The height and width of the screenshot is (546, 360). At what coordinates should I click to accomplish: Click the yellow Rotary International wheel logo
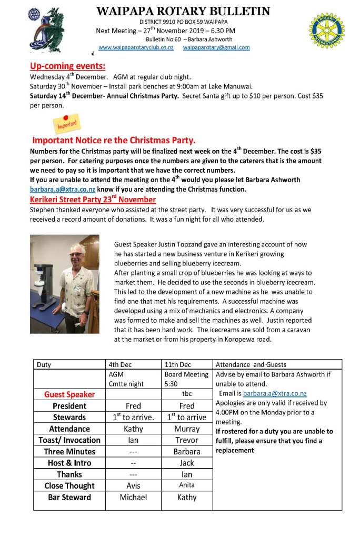tap(326, 31)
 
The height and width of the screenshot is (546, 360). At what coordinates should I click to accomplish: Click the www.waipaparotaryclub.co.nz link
tap(136, 47)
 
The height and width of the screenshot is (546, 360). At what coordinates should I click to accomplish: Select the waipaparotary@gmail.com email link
tap(216, 47)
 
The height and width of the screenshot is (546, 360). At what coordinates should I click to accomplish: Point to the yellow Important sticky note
tap(66, 123)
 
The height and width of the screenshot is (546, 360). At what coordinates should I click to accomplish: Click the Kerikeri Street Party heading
tap(93, 200)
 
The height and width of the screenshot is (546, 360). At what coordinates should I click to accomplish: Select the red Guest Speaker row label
tap(69, 394)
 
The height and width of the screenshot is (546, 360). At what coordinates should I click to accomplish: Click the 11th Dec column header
tap(178, 364)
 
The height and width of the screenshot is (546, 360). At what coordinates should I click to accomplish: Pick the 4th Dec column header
tap(121, 364)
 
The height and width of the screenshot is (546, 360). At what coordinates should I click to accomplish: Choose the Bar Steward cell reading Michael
tap(133, 497)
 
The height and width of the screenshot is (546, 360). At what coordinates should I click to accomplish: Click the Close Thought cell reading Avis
tap(133, 485)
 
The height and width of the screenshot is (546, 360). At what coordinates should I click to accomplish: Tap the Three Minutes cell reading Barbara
tap(187, 451)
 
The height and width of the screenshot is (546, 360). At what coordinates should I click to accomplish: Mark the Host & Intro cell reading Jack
tap(187, 463)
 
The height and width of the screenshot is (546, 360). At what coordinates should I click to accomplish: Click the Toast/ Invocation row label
tap(69, 440)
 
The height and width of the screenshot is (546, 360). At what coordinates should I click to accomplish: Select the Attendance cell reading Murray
tap(187, 429)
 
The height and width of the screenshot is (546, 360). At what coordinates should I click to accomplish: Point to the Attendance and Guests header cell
tap(251, 364)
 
